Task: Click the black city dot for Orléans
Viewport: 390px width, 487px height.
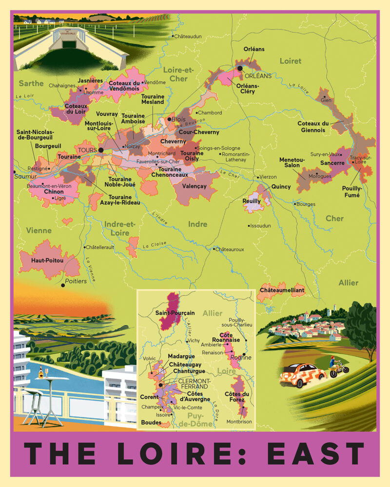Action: (240, 68)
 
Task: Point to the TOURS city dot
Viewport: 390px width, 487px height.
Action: (100, 150)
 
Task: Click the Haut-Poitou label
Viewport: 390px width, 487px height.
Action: (47, 261)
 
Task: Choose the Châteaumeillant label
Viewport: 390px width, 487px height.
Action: (282, 290)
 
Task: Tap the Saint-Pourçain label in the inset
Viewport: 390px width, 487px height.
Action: (175, 313)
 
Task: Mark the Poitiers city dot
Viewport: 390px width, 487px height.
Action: (62, 286)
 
